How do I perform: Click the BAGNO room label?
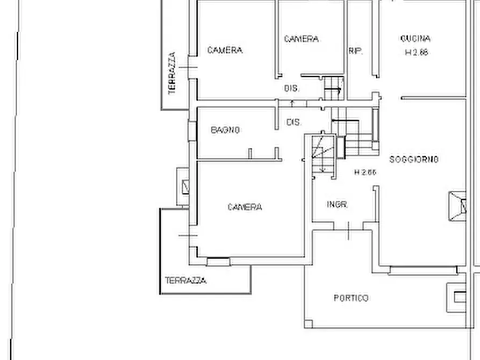tap(225, 130)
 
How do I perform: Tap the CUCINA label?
tap(415, 39)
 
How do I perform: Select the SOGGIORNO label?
tap(414, 159)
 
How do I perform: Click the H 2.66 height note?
tap(366, 172)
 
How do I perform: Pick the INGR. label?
tap(338, 205)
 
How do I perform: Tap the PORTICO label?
tap(351, 298)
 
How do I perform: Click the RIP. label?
tap(356, 52)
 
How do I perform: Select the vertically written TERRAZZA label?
tap(172, 73)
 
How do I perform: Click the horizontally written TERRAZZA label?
tap(185, 280)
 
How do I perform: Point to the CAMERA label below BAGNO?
tap(245, 207)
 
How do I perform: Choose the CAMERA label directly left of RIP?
tap(301, 39)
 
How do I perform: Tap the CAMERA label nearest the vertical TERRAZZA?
tap(225, 50)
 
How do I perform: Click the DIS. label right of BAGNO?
tap(293, 123)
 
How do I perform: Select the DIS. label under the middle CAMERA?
tap(291, 88)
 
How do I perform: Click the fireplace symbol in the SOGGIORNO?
tap(457, 205)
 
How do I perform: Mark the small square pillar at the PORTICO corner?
tap(309, 323)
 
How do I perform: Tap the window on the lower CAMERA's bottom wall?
tap(218, 261)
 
